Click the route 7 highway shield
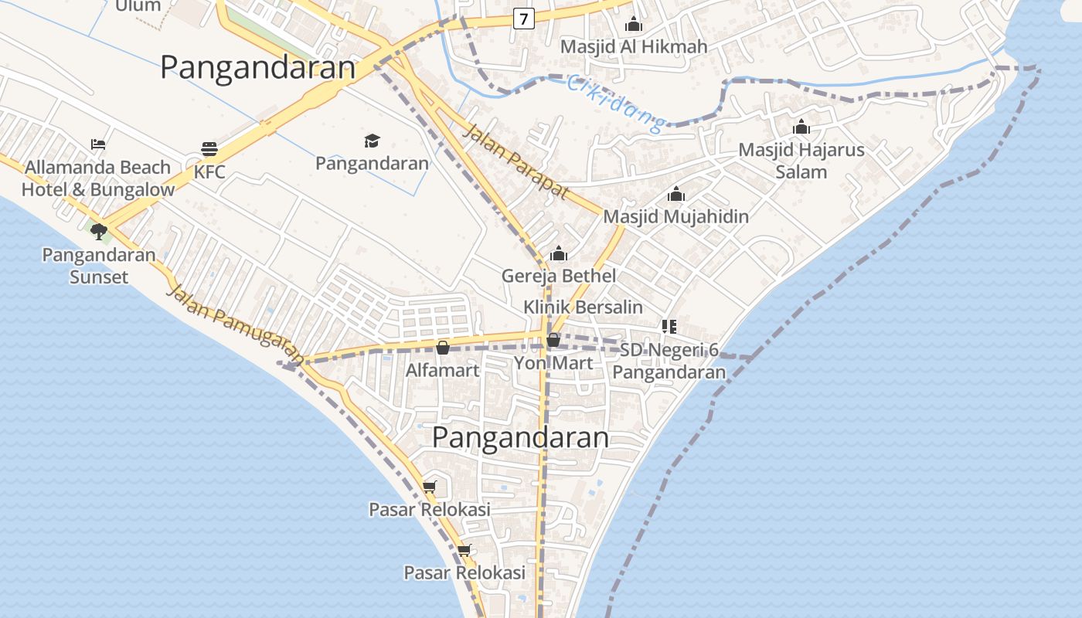coord(524,19)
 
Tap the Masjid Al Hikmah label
coord(634,46)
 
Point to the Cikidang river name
coord(616,102)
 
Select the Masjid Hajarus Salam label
coord(801,161)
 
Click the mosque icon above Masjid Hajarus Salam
coord(801,127)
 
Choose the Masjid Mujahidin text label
coord(676,216)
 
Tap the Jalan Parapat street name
coord(515,161)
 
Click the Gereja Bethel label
coord(559,276)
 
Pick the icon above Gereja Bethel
coord(559,253)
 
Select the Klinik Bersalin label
coord(583,307)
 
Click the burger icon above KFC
coord(209,148)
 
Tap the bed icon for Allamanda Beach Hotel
coord(98,144)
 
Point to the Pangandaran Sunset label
coord(98,265)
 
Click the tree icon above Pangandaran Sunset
coord(98,230)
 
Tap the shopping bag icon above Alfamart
coord(443,348)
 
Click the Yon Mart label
coord(554,363)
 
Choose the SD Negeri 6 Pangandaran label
coord(669,361)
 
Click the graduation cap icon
coord(373,141)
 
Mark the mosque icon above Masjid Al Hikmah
coord(634,24)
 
